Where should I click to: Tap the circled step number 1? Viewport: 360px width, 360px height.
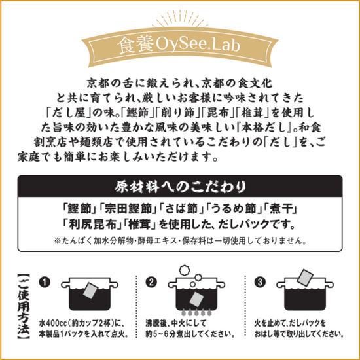click(45, 283)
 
